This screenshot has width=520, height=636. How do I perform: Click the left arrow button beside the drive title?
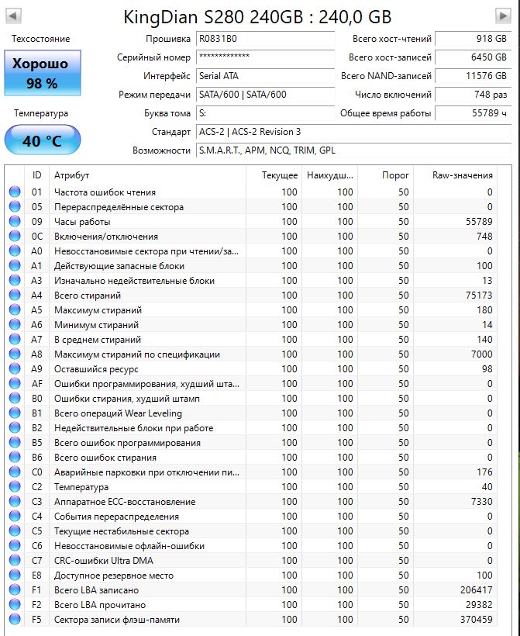[x=14, y=16]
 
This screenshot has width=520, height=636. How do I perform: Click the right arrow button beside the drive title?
[x=503, y=16]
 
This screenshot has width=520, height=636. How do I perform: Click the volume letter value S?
[x=203, y=113]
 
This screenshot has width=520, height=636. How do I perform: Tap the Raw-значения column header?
[x=463, y=175]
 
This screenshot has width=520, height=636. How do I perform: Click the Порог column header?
[x=395, y=175]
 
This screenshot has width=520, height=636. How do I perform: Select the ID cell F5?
[x=37, y=620]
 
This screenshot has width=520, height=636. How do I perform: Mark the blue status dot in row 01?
[x=14, y=192]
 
